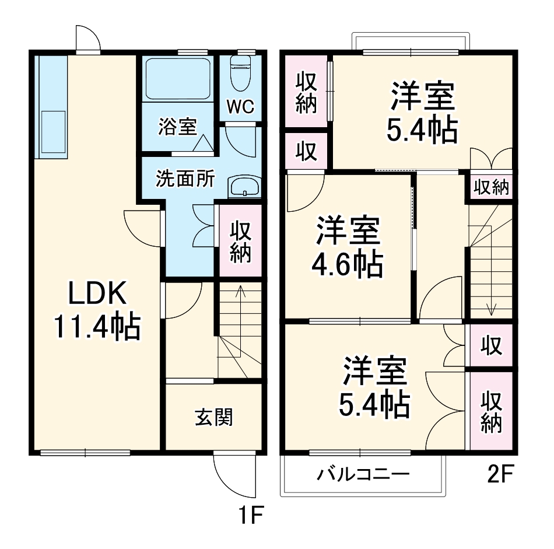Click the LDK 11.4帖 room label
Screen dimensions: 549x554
click(x=97, y=310)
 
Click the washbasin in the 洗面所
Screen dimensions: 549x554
click(x=244, y=187)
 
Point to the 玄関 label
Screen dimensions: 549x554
click(x=213, y=417)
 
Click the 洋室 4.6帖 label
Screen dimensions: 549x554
click(x=349, y=247)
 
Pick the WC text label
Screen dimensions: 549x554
click(x=240, y=107)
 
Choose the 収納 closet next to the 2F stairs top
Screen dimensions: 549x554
click(x=490, y=188)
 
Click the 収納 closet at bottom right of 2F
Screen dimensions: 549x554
click(x=491, y=412)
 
